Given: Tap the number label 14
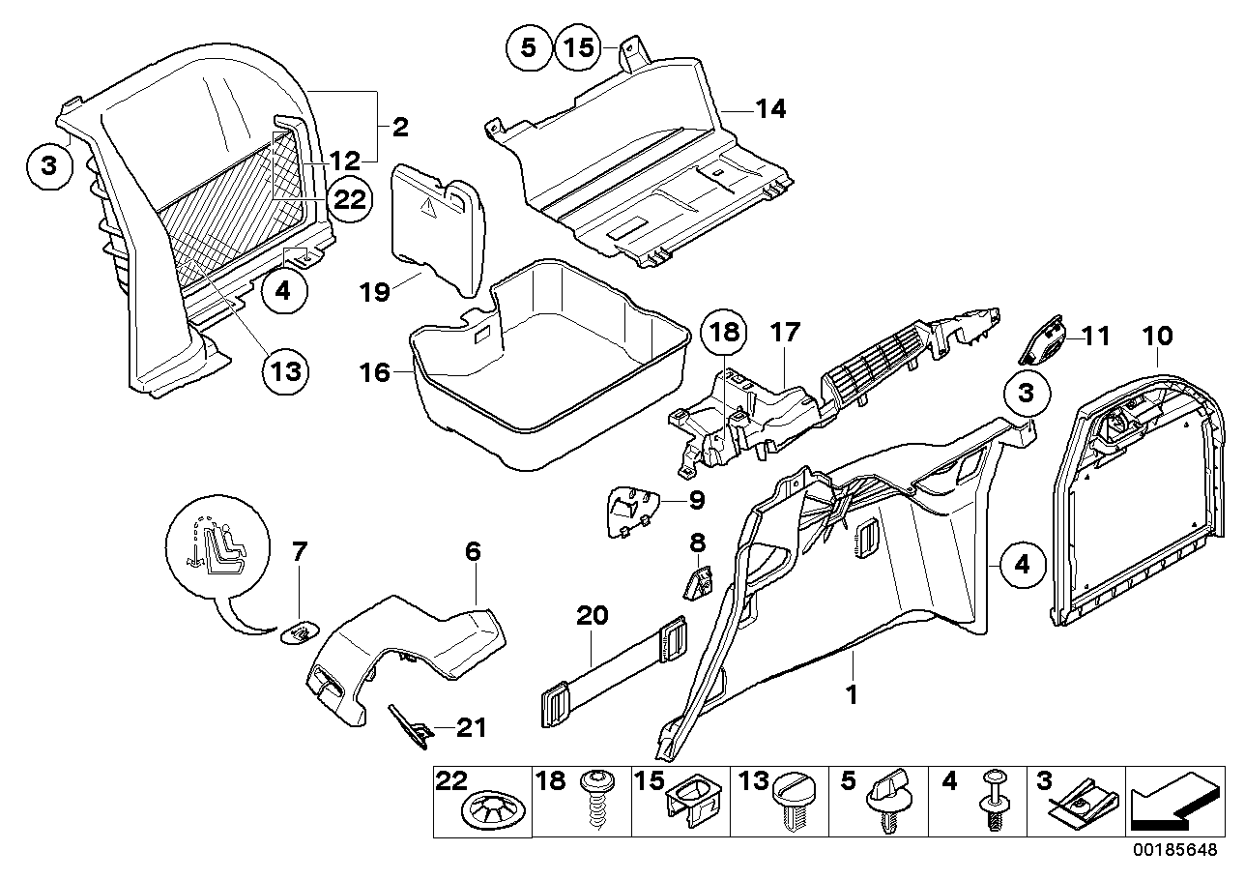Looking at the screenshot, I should click(770, 110).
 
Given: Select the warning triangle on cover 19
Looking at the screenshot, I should click(432, 204).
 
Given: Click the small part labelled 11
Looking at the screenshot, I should click(1042, 339).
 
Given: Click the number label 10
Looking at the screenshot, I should click(1157, 337).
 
